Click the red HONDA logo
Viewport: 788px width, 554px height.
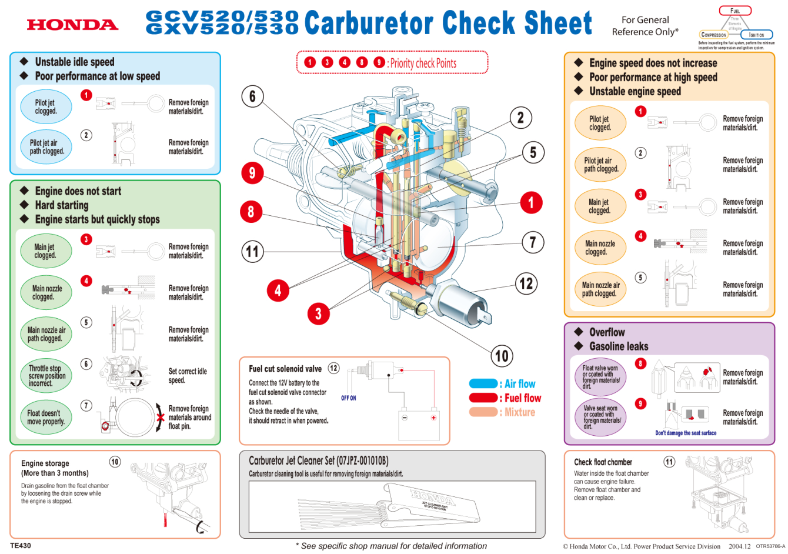[x=72, y=25]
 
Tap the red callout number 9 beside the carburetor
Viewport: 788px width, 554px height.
[x=252, y=173]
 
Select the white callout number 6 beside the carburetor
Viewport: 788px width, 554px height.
[x=253, y=96]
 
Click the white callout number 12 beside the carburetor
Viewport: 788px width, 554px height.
[x=526, y=284]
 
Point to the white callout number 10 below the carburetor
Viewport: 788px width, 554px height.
[x=502, y=356]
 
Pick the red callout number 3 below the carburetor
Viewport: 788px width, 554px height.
[x=318, y=313]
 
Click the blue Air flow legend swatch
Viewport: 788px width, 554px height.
[x=483, y=384]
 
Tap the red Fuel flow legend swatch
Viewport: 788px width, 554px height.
[x=483, y=398]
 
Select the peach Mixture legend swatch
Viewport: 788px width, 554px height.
[x=483, y=412]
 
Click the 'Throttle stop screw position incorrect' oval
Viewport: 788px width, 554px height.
[x=46, y=376]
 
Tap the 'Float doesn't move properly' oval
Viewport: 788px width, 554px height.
[x=46, y=418]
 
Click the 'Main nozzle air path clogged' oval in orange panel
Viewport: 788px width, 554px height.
[x=600, y=289]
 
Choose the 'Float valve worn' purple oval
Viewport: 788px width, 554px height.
[x=600, y=377]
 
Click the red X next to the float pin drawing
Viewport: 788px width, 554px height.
[x=160, y=418]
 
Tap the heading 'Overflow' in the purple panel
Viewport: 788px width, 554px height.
[x=607, y=332]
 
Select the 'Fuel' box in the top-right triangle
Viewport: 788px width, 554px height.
[x=735, y=11]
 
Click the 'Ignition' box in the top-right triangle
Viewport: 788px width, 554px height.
[x=756, y=35]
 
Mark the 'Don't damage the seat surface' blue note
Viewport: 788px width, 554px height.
[x=686, y=433]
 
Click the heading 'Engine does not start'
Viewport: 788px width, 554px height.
[x=78, y=191]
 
